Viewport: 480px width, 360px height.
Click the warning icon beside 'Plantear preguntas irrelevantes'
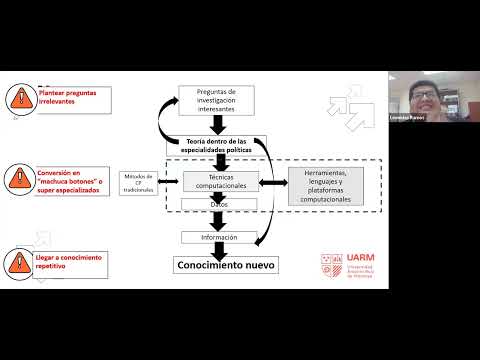click(19, 98)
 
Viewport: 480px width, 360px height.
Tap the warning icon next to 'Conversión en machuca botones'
click(19, 179)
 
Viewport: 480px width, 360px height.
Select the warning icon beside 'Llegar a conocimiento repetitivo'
click(19, 263)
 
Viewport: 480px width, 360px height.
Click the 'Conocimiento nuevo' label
click(227, 265)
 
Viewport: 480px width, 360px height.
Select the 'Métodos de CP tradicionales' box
click(140, 181)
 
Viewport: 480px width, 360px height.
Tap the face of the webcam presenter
click(419, 98)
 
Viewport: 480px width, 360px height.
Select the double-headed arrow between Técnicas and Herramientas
click(273, 181)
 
